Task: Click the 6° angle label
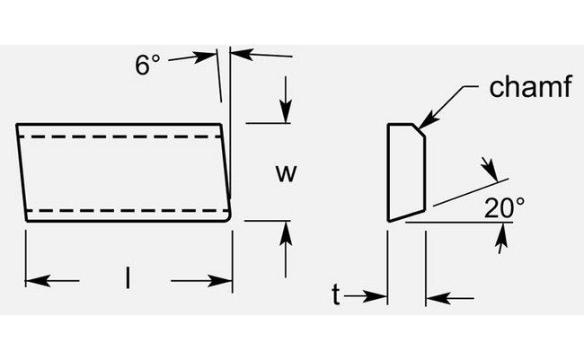coord(147,65)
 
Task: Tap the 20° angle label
coord(505,208)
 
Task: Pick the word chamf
coord(530,88)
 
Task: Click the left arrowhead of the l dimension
coord(32,281)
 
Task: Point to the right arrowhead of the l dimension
coord(226,281)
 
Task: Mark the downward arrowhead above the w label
coord(286,116)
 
